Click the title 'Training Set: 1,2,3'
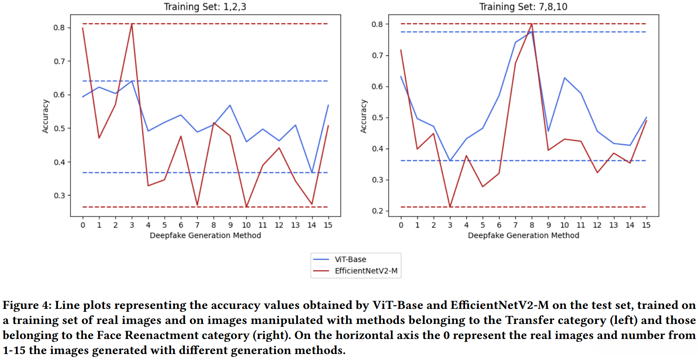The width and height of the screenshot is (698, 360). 205,7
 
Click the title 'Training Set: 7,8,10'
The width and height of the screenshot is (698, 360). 523,7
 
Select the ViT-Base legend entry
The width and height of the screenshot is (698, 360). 350,259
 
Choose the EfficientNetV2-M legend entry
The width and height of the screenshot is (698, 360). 366,271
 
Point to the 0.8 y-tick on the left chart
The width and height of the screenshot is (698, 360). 59,27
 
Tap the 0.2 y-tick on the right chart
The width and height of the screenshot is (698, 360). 377,211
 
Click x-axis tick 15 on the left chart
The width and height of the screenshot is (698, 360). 328,225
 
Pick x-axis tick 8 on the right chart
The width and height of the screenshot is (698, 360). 532,225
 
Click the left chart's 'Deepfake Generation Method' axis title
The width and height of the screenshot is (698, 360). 205,235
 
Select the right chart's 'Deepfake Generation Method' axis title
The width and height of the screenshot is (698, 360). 523,235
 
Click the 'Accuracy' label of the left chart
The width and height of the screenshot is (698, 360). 46,116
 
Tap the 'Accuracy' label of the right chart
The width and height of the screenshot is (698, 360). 364,116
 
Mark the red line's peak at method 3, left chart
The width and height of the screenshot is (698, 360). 132,24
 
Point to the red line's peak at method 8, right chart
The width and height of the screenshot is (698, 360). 532,24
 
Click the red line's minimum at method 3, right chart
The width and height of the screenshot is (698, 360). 450,207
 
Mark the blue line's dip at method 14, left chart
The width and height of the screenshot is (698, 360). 312,172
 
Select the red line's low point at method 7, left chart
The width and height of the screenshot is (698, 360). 197,205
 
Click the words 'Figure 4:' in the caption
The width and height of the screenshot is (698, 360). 27,305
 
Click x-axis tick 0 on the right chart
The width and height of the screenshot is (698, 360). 401,225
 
